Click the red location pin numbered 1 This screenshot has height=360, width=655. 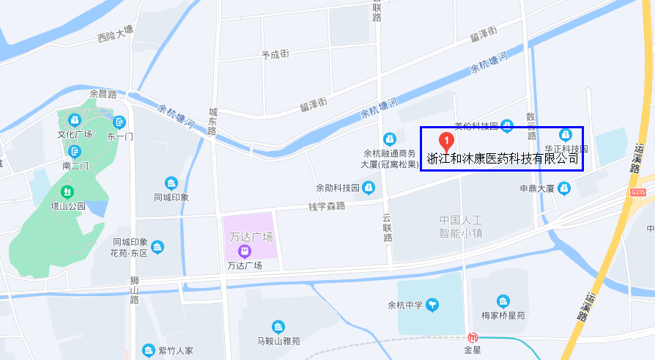click(445, 141)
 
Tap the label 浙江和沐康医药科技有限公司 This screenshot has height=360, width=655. click(503, 158)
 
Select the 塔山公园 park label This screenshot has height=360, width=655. click(67, 206)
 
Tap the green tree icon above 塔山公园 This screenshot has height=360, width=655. click(67, 192)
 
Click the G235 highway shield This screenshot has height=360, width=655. click(637, 192)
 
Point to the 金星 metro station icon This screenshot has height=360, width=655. click(473, 338)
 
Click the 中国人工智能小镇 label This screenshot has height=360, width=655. click(461, 227)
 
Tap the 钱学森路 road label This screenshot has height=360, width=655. click(326, 206)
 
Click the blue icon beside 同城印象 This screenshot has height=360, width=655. click(171, 183)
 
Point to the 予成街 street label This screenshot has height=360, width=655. click(275, 54)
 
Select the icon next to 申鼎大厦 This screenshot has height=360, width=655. click(564, 188)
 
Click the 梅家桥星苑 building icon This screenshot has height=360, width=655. click(503, 301)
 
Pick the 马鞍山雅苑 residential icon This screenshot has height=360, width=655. click(278, 327)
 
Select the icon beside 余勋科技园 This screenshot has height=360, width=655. click(369, 188)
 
